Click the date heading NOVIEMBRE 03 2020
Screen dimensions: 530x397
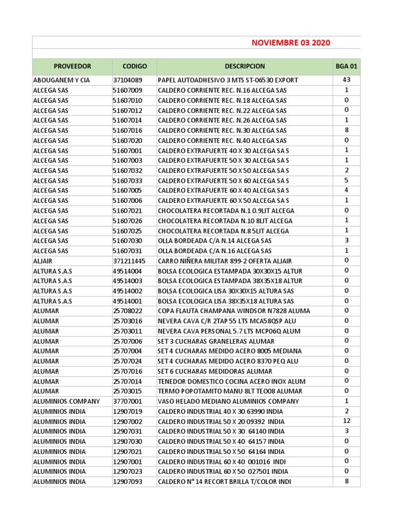pyautogui.click(x=291, y=42)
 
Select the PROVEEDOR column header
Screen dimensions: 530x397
pyautogui.click(x=72, y=67)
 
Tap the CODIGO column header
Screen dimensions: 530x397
pyautogui.click(x=134, y=67)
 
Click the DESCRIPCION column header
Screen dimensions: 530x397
pyautogui.click(x=245, y=67)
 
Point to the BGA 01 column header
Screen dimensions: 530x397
pyautogui.click(x=346, y=67)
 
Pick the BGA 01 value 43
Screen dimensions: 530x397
pyautogui.click(x=346, y=80)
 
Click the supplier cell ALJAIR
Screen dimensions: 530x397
pyautogui.click(x=42, y=261)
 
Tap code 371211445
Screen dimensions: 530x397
pyautogui.click(x=129, y=261)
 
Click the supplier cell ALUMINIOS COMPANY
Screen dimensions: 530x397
pyautogui.click(x=66, y=401)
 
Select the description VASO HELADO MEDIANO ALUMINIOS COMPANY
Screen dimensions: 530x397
pyautogui.click(x=228, y=401)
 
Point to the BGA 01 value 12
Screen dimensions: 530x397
pyautogui.click(x=346, y=421)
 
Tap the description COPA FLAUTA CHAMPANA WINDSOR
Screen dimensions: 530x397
pyautogui.click(x=234, y=311)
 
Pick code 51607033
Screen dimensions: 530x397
pyautogui.click(x=127, y=181)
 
